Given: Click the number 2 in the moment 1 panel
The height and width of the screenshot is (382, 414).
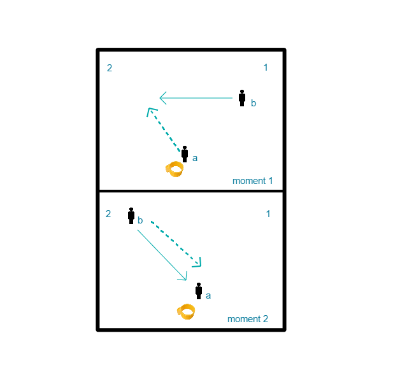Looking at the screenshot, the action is [x=110, y=68].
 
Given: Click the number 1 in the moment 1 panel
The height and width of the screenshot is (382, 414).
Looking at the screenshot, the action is [x=266, y=67].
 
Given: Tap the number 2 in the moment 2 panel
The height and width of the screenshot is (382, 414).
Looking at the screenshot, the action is [x=108, y=214].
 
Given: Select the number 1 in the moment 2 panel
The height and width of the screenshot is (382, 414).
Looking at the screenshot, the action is [x=268, y=214].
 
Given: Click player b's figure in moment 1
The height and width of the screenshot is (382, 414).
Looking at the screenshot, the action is [x=242, y=98].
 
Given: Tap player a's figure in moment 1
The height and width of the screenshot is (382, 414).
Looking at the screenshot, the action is [x=185, y=154].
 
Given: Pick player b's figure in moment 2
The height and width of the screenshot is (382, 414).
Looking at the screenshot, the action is [x=131, y=216].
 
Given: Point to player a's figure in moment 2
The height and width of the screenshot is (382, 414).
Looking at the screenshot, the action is [x=199, y=291].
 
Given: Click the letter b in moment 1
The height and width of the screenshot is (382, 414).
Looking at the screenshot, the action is [x=253, y=103].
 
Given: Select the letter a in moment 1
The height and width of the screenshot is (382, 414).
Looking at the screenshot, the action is [x=195, y=158].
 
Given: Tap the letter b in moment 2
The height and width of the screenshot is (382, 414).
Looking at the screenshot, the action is [x=140, y=220].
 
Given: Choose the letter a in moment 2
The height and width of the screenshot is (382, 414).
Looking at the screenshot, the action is [x=208, y=295].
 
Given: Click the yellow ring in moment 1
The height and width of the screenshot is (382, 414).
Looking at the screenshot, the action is [x=175, y=169].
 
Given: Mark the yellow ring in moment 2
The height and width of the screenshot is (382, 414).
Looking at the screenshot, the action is [x=186, y=312].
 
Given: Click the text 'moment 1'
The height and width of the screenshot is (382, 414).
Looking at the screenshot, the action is [x=252, y=181].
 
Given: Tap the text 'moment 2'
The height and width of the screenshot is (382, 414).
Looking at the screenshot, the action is [x=248, y=319].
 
